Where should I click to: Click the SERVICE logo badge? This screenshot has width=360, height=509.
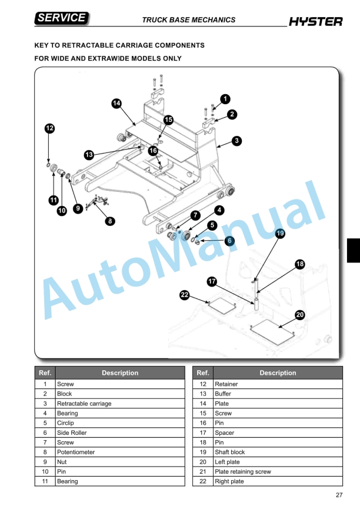(62, 18)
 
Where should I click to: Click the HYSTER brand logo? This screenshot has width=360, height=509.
(315, 22)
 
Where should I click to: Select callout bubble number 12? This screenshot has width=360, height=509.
(50, 128)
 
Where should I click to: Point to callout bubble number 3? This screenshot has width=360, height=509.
(236, 141)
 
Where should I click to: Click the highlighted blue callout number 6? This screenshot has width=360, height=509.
(229, 240)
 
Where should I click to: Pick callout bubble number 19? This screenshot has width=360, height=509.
(281, 234)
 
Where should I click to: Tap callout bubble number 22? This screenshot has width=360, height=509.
(184, 295)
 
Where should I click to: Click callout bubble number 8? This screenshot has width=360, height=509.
(110, 221)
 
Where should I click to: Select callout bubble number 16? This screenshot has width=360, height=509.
(153, 151)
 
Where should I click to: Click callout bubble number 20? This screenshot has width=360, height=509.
(300, 315)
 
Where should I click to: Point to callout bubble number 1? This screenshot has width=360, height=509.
(225, 99)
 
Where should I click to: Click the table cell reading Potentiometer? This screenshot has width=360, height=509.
(75, 452)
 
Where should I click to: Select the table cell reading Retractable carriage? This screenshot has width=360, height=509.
(84, 404)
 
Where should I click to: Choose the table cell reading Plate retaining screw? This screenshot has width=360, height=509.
(242, 471)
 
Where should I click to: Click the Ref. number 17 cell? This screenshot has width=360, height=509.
(202, 433)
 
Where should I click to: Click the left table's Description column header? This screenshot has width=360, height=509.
(120, 372)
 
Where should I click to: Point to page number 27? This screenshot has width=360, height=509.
(339, 495)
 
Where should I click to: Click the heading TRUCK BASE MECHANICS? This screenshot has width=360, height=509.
(188, 20)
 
